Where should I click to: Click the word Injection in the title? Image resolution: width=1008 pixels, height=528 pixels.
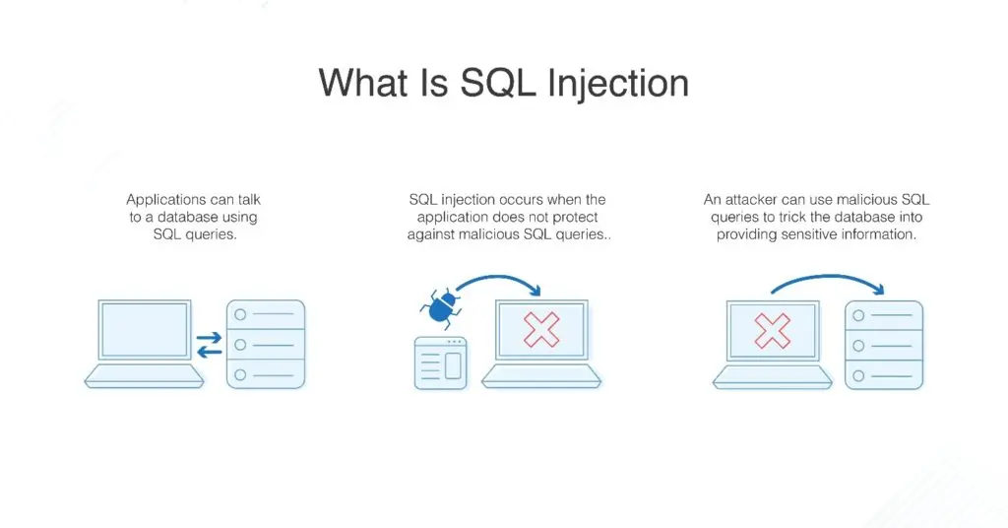click(x=616, y=82)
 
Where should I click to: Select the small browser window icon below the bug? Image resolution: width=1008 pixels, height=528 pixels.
click(x=439, y=363)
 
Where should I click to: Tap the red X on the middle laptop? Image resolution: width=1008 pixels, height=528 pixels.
click(x=541, y=329)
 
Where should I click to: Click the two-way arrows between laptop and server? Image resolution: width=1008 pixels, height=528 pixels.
click(x=209, y=345)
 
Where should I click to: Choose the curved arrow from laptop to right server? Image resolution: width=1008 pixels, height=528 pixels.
click(x=827, y=283)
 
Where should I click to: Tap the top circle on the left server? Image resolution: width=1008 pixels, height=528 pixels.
click(x=238, y=315)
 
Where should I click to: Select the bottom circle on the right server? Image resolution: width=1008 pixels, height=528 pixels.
click(x=858, y=375)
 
